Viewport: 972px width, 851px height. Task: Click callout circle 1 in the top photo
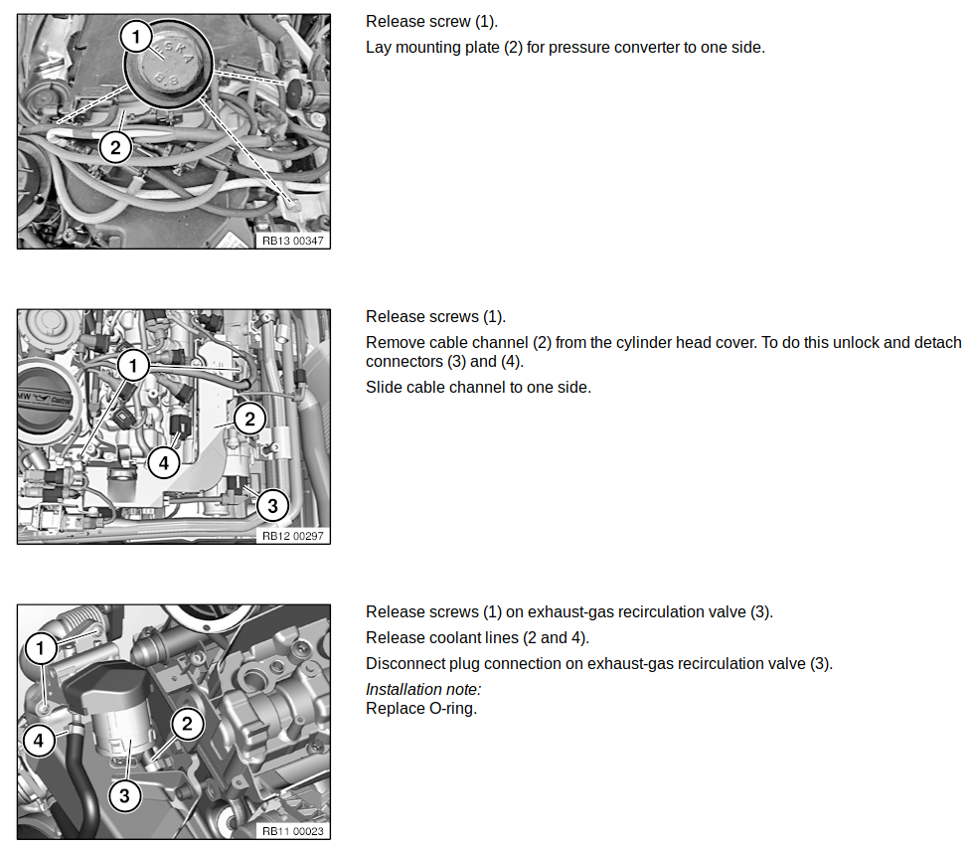pos(136,36)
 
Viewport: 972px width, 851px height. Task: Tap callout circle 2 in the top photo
pos(115,147)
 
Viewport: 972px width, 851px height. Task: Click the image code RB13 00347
pos(292,241)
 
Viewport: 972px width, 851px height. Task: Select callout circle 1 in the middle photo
pos(132,365)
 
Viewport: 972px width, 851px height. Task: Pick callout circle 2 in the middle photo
pos(249,420)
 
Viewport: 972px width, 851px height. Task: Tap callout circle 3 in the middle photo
pos(272,505)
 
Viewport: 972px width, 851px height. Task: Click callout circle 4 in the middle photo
pos(164,462)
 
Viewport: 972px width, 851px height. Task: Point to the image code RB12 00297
pos(292,536)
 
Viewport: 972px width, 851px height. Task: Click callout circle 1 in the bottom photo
pos(41,648)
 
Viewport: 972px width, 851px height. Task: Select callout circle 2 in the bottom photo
pos(187,723)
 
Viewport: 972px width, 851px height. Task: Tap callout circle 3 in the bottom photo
pos(124,795)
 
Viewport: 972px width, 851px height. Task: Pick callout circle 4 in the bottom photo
pos(39,740)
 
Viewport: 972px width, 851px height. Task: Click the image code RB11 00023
pos(292,831)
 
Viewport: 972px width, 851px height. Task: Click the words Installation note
pos(423,689)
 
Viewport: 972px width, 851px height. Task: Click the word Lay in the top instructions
pos(378,48)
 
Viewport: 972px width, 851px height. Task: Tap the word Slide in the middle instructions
pos(383,387)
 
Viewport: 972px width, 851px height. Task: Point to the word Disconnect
pos(405,664)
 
